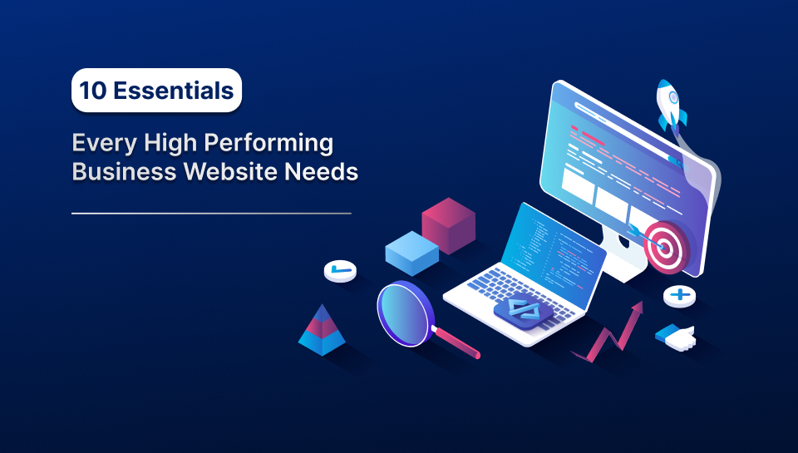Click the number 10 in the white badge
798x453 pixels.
(93, 91)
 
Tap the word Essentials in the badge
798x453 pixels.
(173, 91)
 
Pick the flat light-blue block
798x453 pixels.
(411, 251)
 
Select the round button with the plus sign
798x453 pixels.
(679, 295)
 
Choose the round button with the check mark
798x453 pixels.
(339, 270)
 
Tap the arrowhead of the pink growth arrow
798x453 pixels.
(637, 308)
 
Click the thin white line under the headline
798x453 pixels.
(211, 214)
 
